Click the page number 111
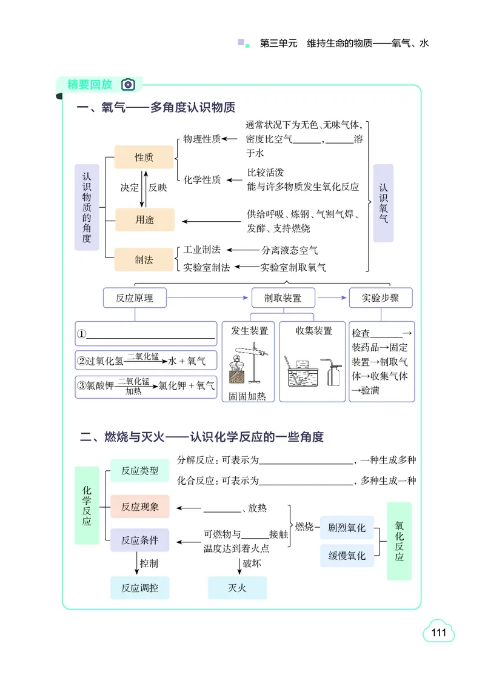438,633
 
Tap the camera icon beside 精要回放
127,84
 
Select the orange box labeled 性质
144,158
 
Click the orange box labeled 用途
144,220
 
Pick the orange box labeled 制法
144,259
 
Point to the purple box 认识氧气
383,203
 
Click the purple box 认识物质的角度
87,208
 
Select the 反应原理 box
135,298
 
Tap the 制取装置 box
282,298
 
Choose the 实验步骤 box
381,298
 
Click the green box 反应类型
139,470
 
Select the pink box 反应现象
139,507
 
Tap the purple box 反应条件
139,540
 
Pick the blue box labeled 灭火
237,588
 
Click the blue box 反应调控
139,588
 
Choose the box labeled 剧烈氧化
347,528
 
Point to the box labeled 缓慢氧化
347,556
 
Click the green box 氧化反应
399,541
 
